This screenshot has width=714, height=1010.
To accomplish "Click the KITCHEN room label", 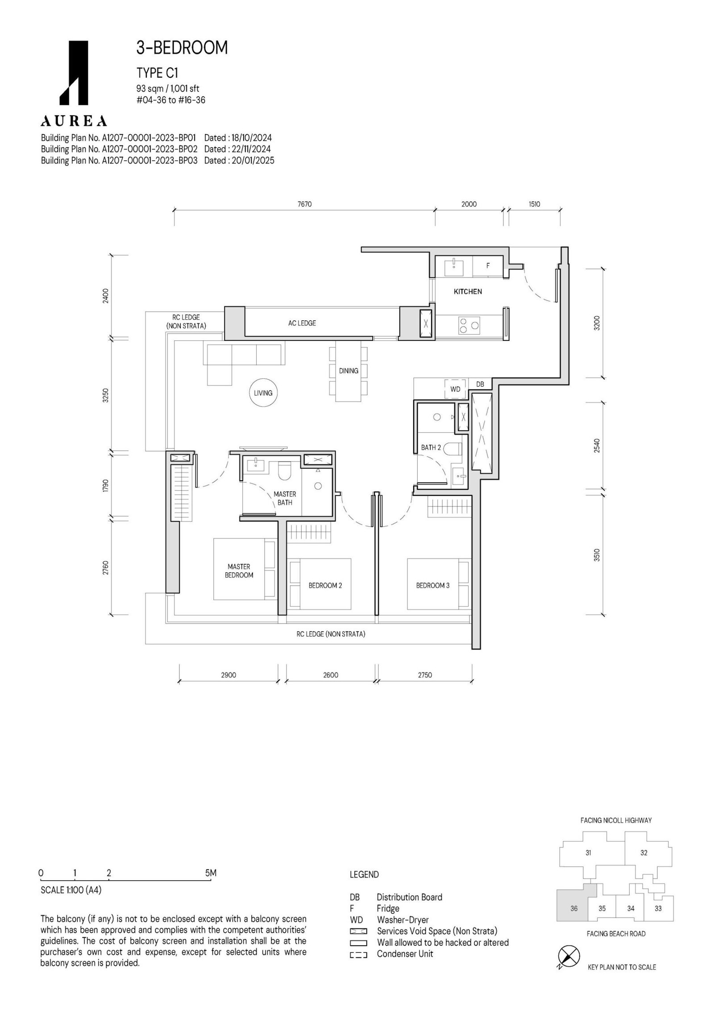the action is pos(468,291).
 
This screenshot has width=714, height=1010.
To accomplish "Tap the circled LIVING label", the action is pos(263,393).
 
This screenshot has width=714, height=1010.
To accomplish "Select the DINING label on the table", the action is pos(349,371).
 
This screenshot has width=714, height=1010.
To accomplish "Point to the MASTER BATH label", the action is pos(285,498).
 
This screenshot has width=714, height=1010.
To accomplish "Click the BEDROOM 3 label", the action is pos(433,585).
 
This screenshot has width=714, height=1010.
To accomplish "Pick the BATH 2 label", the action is pos(431,447).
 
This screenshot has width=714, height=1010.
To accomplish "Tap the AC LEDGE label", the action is pos(302,323).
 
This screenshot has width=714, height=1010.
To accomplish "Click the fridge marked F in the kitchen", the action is pos(488,265).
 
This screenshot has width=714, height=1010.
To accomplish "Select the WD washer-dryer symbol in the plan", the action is pos(455,389).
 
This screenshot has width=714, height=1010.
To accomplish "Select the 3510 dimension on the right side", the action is pos(597,555).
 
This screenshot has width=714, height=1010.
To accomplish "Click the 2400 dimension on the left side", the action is pos(105,296).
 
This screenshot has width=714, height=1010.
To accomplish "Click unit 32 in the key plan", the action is pos(643,853).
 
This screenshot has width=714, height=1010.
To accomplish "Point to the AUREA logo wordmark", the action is pos(74,121).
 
